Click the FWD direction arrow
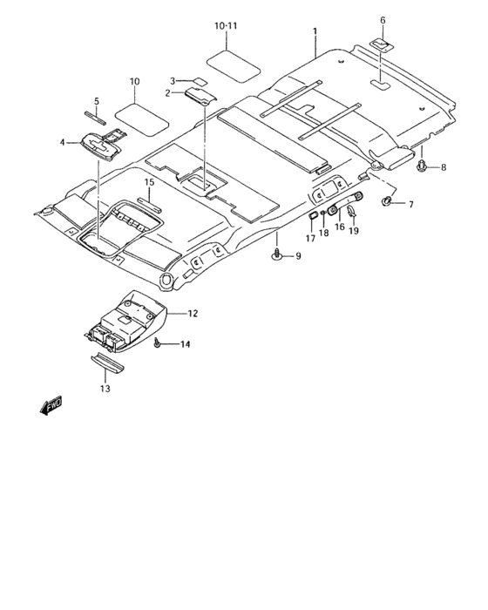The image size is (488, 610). tap(51, 405)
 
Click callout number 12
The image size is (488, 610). tap(193, 313)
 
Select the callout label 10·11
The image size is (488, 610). tap(226, 26)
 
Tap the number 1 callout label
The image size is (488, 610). tap(315, 30)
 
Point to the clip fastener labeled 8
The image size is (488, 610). tap(423, 165)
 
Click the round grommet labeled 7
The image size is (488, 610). tap(387, 201)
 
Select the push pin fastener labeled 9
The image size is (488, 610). tap(277, 254)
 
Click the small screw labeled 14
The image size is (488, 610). tap(158, 342)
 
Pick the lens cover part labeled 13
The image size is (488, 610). tap(107, 362)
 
